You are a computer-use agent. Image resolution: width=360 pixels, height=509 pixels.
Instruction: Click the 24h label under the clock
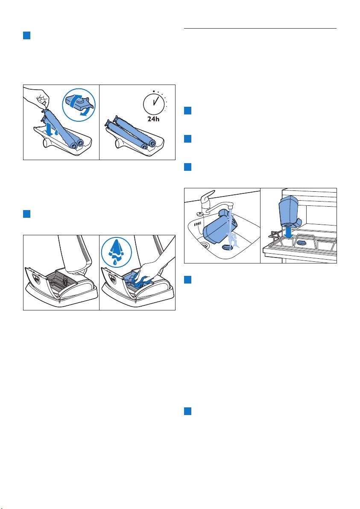154,119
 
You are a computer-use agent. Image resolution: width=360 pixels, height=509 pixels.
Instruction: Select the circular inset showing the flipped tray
79,105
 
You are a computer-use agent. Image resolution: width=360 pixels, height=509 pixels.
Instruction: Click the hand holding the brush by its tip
37,99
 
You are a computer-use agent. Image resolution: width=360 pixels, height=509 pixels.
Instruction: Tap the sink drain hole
205,244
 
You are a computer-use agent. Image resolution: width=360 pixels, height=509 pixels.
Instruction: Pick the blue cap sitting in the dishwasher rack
302,242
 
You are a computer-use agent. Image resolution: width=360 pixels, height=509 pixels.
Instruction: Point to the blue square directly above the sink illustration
187,167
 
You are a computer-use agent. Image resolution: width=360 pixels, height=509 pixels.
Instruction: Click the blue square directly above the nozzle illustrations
26,214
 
